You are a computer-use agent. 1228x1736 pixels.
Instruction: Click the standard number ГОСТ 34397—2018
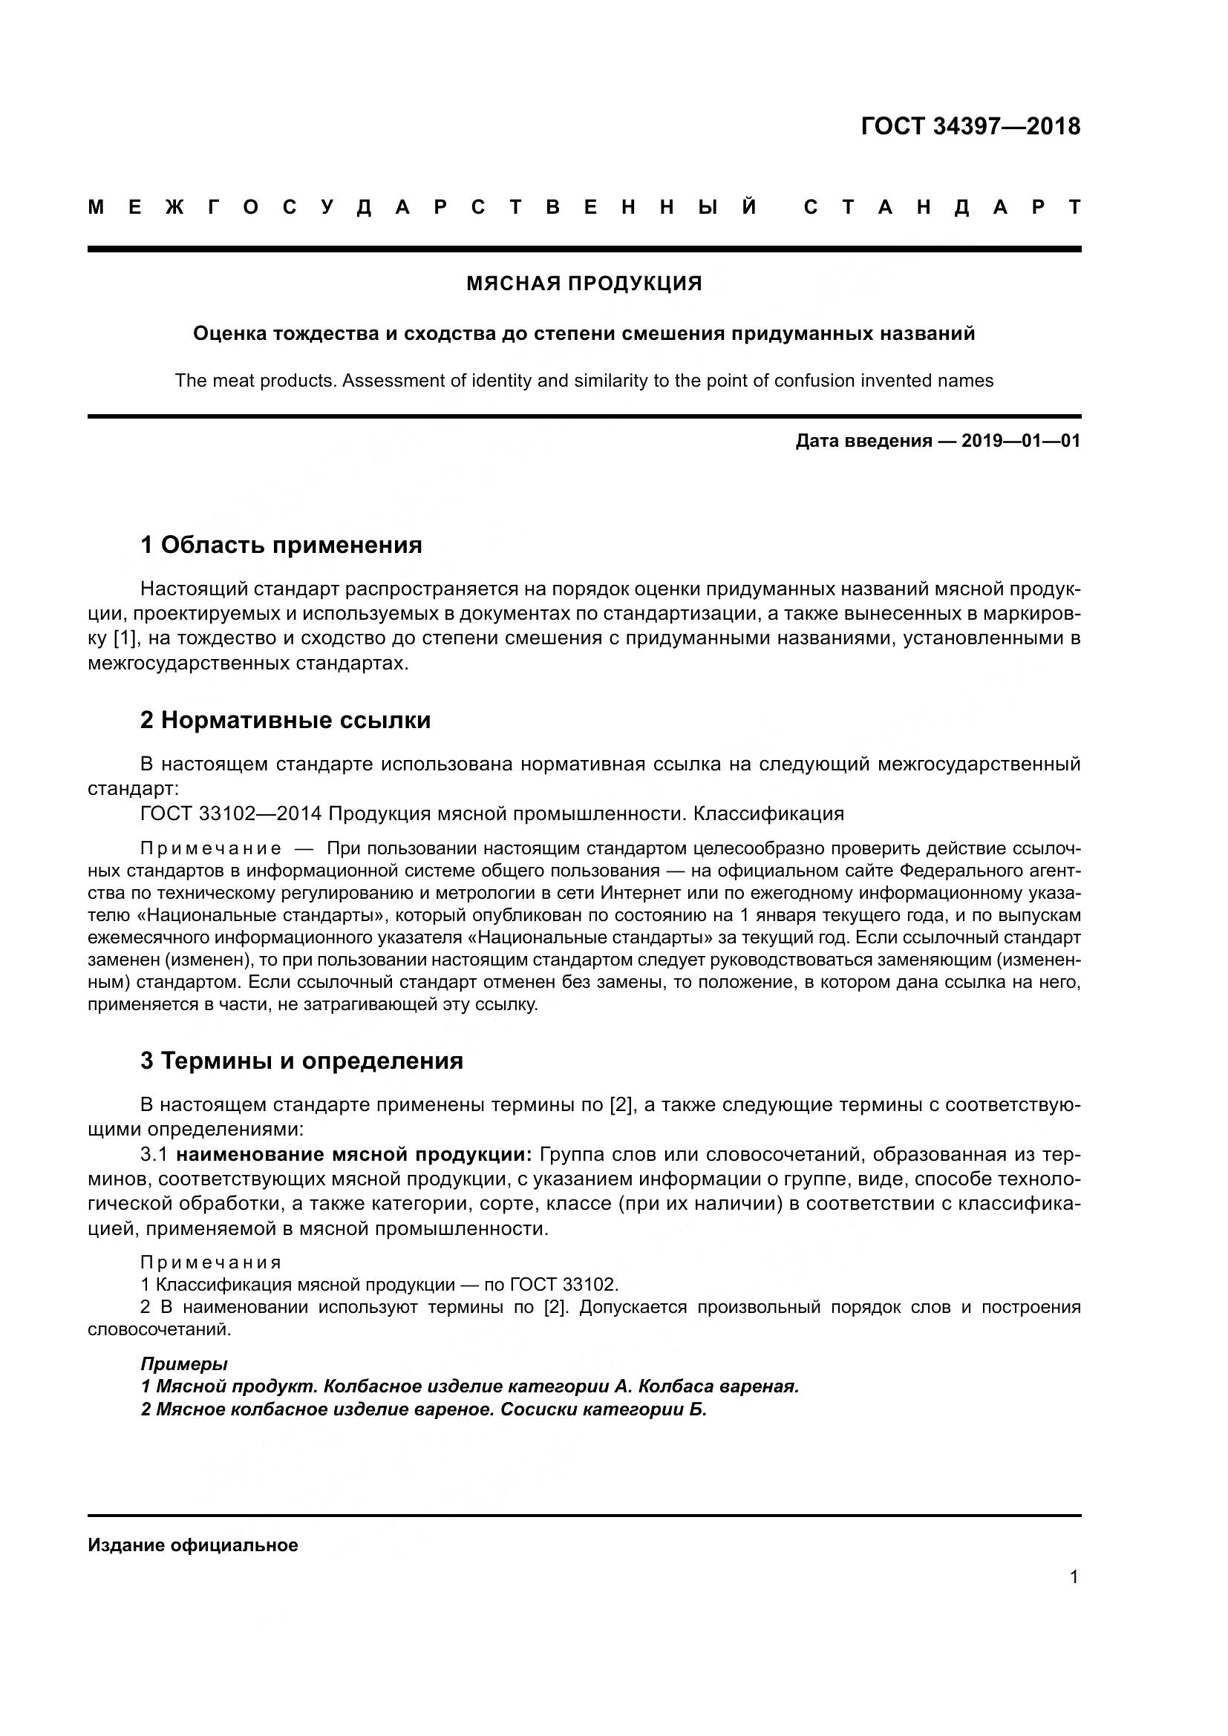970,126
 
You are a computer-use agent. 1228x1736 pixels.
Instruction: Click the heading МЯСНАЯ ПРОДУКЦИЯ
584,284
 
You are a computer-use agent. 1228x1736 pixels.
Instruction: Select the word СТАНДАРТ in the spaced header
942,207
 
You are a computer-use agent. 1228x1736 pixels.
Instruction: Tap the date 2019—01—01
1021,441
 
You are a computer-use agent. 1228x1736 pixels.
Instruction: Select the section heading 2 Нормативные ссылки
285,720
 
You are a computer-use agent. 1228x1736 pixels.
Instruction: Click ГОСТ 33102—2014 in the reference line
231,813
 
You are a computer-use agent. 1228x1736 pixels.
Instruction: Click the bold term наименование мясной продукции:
354,1155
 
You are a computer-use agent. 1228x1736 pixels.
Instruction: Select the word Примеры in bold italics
183,1364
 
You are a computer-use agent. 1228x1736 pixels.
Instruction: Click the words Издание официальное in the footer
193,1545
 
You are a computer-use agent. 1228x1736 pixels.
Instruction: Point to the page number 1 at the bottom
1074,1577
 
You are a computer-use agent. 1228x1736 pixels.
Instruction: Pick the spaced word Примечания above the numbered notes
211,1262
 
